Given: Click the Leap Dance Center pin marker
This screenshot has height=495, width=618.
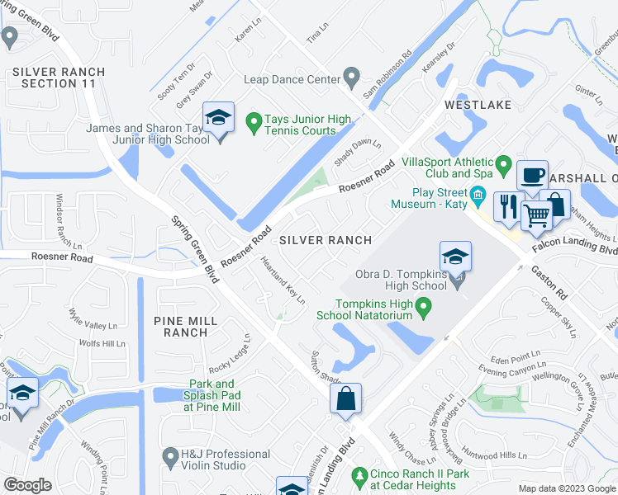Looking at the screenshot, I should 352,79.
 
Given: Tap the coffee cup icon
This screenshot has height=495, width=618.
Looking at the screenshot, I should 532,176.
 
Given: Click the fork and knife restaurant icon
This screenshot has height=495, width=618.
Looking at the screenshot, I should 507,205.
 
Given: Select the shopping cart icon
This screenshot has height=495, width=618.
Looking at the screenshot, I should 537,217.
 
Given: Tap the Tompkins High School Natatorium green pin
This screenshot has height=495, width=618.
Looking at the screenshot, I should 425,309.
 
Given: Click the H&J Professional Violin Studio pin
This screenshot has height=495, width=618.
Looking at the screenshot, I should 171,455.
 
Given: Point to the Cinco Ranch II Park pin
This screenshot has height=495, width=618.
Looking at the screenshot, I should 359,476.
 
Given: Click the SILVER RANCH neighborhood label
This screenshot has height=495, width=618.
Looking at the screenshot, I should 324,239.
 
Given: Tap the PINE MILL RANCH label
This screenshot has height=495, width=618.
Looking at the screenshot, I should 191,326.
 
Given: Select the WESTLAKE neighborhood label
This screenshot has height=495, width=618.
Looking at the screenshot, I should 478,105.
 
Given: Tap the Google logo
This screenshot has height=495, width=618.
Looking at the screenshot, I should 27,485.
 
